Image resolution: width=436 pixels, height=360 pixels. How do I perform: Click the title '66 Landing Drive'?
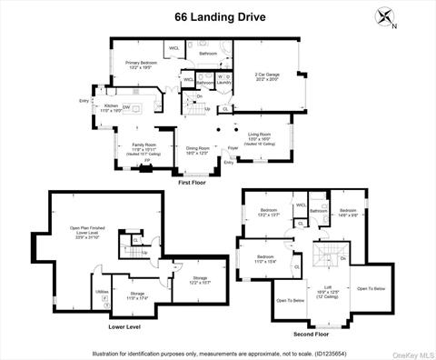coord(219,15)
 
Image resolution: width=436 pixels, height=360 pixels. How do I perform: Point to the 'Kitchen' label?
coord(111,106)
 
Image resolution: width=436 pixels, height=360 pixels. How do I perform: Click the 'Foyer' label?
coord(233,147)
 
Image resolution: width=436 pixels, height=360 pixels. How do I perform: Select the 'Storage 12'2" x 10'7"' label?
coord(200,280)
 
